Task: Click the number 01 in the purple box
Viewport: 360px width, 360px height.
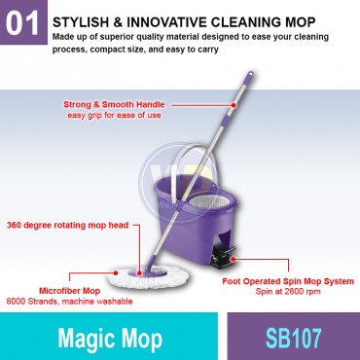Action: (23, 25)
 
